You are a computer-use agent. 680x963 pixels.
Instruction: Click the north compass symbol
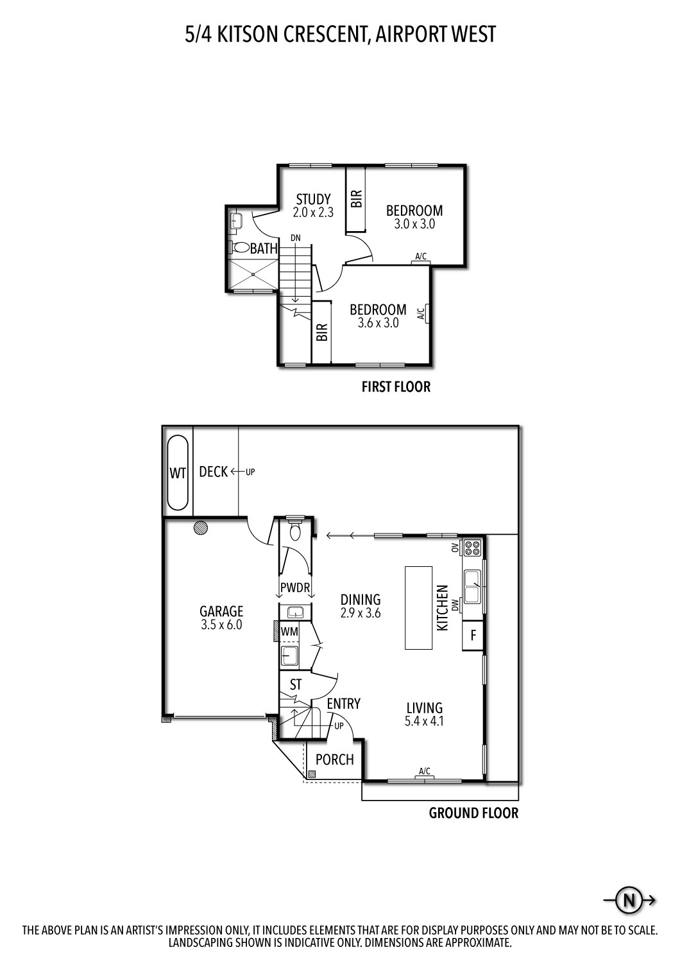(629, 900)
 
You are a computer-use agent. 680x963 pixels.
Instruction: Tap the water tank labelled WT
(178, 473)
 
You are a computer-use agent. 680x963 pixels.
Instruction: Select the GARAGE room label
(221, 611)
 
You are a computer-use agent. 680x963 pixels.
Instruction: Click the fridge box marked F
(473, 636)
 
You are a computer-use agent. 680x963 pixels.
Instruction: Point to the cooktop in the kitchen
(473, 548)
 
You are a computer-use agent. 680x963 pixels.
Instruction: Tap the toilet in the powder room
(295, 530)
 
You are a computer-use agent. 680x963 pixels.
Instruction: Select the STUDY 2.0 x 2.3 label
(313, 205)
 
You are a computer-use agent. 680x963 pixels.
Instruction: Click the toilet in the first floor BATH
(241, 247)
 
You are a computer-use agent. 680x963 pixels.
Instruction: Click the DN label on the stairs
(295, 238)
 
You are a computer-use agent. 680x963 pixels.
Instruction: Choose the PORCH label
(334, 759)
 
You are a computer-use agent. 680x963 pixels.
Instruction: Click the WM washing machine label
(289, 632)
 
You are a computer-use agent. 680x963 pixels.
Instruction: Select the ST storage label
(295, 685)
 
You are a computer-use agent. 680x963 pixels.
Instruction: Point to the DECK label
(213, 472)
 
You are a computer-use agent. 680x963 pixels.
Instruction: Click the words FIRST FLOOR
(395, 386)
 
